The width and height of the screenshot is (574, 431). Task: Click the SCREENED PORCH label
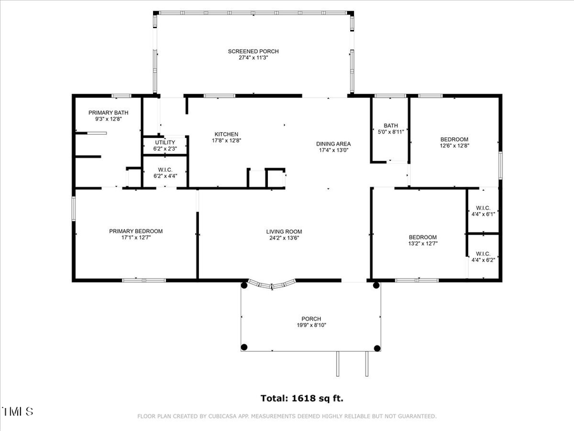pos(253,51)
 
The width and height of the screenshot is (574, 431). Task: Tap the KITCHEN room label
pos(226,134)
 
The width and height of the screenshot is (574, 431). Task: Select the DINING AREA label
pos(334,144)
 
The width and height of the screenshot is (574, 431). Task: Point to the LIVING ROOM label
pos(284,232)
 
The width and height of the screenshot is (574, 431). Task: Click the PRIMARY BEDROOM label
pos(135,231)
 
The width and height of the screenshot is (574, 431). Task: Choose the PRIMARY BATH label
pos(108,112)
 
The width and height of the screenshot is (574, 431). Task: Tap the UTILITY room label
pos(165,142)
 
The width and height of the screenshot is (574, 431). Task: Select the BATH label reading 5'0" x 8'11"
pos(391,125)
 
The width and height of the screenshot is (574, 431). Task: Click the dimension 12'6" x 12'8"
pos(454,146)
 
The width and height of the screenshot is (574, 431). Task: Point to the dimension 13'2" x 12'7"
pos(423,243)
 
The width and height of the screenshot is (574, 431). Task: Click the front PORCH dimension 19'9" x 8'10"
pos(311,325)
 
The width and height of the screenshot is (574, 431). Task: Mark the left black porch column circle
pos(244,347)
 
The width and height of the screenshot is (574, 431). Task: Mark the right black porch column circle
pos(377,348)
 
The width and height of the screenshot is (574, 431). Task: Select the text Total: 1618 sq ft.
pos(302,398)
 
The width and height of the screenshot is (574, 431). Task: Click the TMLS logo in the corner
pos(17,411)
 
